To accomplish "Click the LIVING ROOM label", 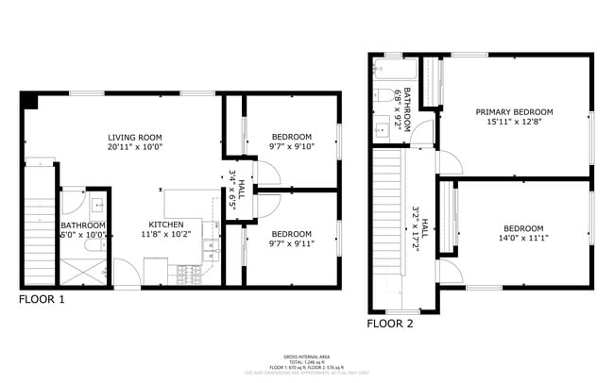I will coord(135,137).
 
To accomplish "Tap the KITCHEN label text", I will coord(165,224).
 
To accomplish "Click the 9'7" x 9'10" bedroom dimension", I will coord(291,145).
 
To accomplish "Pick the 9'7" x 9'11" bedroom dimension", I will coord(291,243).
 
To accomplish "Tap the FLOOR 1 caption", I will coord(42,299).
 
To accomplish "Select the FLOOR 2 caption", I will coord(390,323).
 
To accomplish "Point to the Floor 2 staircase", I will coord(390,226).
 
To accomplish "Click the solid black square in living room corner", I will coord(29,100).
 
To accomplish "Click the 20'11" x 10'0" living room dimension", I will coord(135,147).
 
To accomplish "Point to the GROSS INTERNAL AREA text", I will coord(307,357).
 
